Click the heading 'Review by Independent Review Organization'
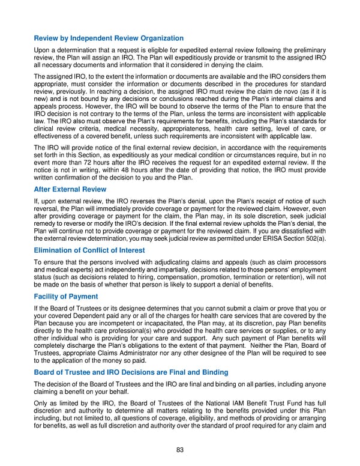[x=109, y=39]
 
